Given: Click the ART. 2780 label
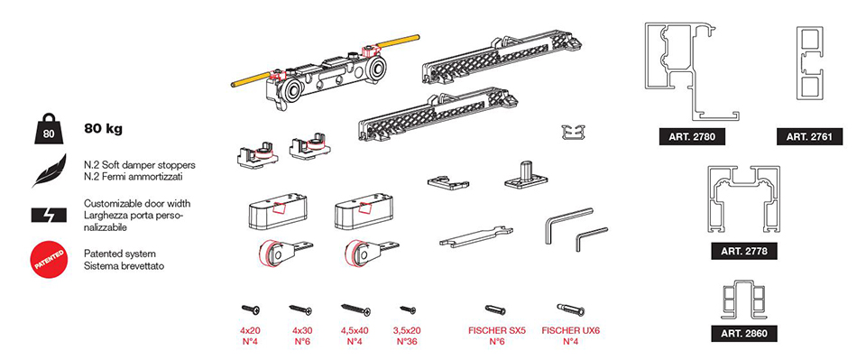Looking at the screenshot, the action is click(692, 136).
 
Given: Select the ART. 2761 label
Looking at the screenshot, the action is click(810, 136).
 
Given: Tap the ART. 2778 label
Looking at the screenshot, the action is click(743, 251).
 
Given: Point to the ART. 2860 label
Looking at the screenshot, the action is click(743, 333).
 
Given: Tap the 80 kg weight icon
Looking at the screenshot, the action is click(49, 128).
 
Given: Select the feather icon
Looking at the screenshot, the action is click(49, 171).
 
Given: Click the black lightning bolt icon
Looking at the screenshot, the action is click(49, 215).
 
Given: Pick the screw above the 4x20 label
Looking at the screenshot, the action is click(250, 309).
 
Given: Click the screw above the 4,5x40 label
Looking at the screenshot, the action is click(355, 309).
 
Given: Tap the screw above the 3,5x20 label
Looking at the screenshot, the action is click(408, 309).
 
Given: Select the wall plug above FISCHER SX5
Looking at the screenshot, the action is click(495, 309).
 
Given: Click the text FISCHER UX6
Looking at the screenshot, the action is click(570, 331).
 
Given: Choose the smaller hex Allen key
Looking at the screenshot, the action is click(590, 238).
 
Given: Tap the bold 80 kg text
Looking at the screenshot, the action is click(103, 129).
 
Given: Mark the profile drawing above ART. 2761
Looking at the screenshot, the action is click(810, 63).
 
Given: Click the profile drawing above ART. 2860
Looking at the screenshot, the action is click(743, 300).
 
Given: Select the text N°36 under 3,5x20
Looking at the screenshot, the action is click(408, 342).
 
